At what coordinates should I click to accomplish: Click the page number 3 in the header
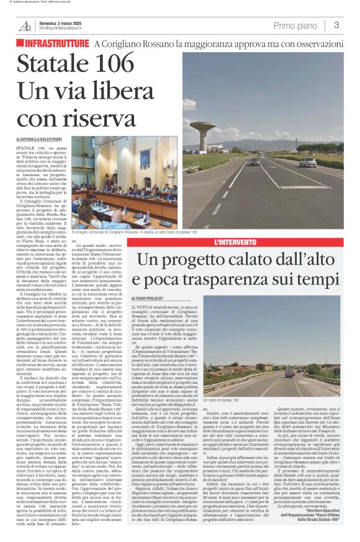click(x=335, y=25)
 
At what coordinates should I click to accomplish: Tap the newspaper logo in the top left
click(x=24, y=25)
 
